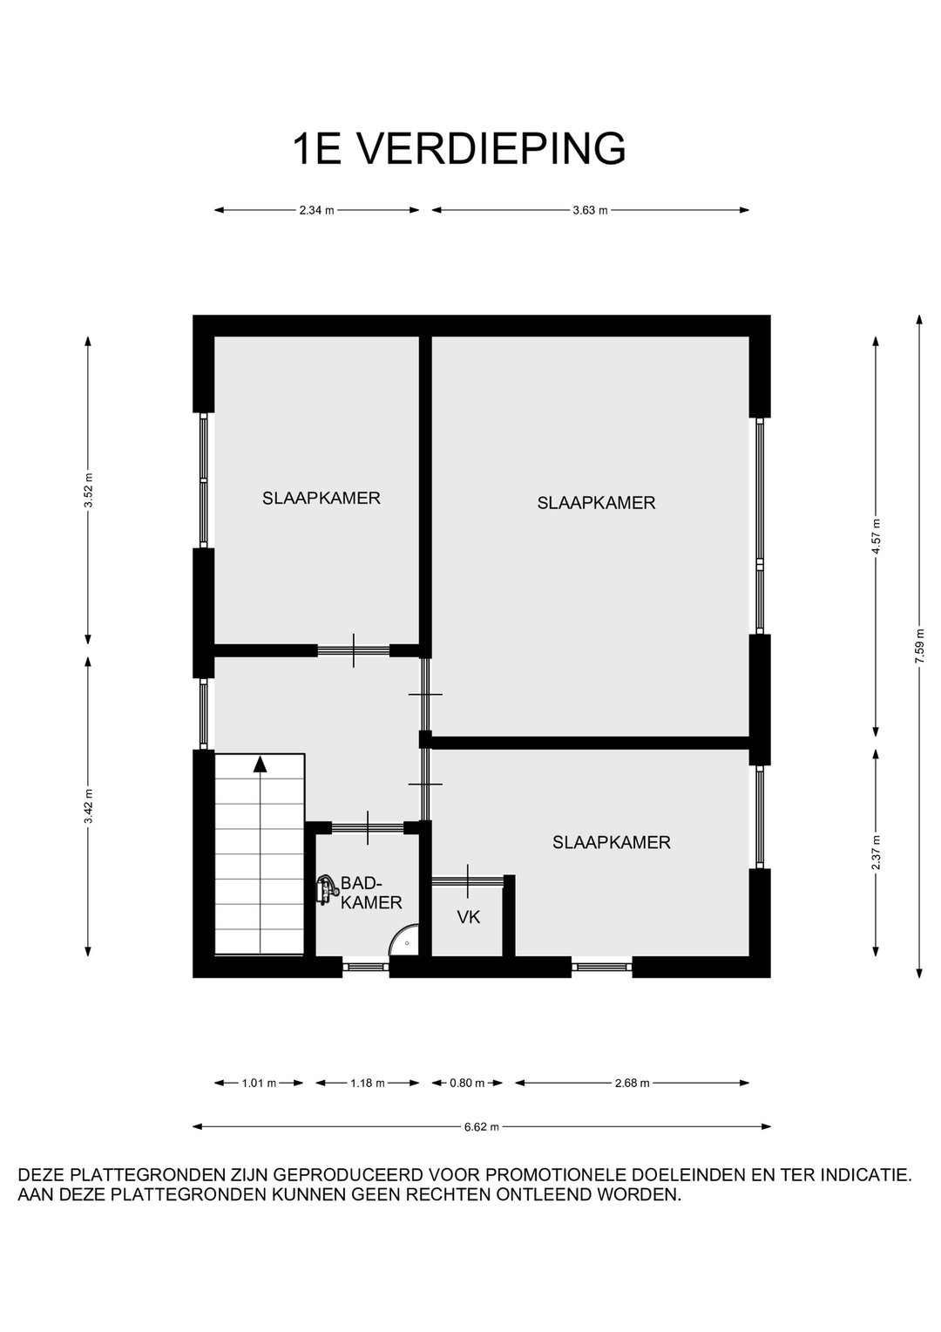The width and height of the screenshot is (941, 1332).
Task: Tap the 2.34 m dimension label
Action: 317,210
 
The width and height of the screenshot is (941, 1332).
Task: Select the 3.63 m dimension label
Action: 590,210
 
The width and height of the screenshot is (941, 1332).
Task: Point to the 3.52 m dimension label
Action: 89,491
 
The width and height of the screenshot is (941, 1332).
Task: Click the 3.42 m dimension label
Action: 89,806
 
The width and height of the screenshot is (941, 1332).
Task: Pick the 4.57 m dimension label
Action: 876,536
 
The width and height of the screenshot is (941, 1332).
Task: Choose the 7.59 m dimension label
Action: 919,646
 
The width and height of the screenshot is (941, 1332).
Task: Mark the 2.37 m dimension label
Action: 876,853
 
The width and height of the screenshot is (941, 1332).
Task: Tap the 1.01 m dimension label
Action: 259,1083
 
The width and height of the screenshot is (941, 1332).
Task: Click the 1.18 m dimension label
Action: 368,1083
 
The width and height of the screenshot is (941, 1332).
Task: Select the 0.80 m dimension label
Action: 467,1083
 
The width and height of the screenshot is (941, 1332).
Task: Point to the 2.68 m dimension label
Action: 632,1083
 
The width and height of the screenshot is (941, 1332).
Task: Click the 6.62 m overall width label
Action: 482,1126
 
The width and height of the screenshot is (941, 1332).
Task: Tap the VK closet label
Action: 469,917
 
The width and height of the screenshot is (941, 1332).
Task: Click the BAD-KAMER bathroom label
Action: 371,892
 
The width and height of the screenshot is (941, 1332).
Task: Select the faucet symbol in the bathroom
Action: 326,890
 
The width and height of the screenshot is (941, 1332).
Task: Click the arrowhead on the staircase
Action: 260,765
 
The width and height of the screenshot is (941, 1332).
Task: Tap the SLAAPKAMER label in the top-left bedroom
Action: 321,499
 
